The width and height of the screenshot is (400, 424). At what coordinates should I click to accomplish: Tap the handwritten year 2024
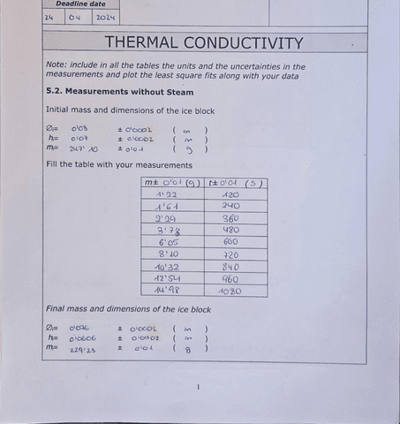(105, 17)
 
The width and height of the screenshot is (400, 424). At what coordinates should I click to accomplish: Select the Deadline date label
(80, 4)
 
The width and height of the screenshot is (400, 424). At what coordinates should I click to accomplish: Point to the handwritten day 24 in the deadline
(49, 17)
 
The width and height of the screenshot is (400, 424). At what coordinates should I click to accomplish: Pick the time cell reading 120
(231, 194)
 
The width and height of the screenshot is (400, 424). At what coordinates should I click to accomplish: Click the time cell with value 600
(231, 242)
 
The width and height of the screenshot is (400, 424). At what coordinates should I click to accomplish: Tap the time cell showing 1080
(230, 291)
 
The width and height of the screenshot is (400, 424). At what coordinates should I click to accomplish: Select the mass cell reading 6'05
(169, 242)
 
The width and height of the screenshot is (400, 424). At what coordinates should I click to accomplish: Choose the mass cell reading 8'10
(169, 254)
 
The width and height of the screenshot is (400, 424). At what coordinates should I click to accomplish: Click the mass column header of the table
(172, 183)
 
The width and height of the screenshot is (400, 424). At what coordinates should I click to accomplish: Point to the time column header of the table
(234, 183)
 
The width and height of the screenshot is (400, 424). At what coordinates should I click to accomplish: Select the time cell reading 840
(231, 266)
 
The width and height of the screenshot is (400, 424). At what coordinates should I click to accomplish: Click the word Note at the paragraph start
(56, 65)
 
